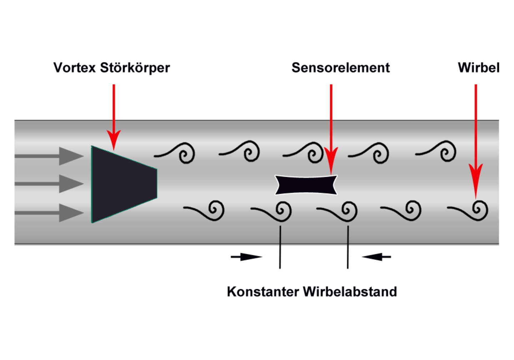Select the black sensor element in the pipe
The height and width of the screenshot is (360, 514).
[306, 185]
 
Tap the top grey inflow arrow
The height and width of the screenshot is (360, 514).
[50, 156]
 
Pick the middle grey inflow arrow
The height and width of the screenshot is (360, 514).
[50, 184]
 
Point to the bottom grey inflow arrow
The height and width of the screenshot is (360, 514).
[50, 213]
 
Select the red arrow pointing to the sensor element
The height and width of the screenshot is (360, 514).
[331, 129]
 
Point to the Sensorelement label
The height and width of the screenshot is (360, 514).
[341, 67]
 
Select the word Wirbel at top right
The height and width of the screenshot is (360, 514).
[479, 67]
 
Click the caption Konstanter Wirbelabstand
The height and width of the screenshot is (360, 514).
[312, 291]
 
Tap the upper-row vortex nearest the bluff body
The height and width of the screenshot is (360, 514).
[177, 153]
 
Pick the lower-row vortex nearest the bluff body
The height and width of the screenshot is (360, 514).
[206, 211]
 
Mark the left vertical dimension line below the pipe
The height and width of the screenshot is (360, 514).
[280, 246]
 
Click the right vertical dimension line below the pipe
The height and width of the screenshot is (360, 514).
[348, 246]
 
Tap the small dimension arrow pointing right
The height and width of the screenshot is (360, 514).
[246, 256]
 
